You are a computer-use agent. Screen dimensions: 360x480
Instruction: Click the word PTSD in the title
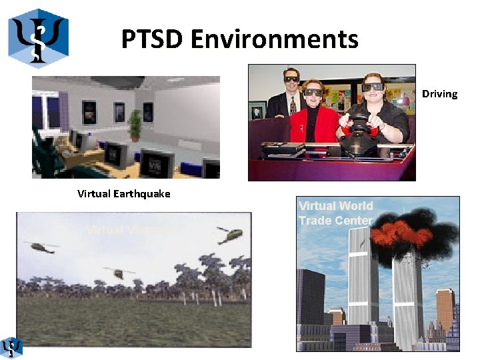tap(152, 39)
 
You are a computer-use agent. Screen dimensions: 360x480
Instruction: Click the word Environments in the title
tap(274, 39)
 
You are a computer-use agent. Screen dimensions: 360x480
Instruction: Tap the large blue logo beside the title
tap(38, 38)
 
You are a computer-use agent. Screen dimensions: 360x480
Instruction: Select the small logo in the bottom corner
tap(11, 347)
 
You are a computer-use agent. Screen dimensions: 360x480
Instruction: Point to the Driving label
tap(439, 94)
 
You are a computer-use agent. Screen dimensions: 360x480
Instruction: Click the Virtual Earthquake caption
tap(123, 194)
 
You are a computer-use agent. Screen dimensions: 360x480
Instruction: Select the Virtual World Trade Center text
tap(335, 213)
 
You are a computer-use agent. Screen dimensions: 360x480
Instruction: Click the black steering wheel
tap(360, 127)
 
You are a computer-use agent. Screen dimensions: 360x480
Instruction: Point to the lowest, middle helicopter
tap(119, 273)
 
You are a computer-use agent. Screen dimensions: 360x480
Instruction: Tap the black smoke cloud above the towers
tap(400, 217)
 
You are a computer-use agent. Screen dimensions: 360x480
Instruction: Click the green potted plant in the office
tap(135, 125)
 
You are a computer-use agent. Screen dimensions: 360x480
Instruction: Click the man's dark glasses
tap(291, 79)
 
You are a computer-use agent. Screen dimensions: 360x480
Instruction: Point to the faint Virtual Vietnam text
tap(129, 230)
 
